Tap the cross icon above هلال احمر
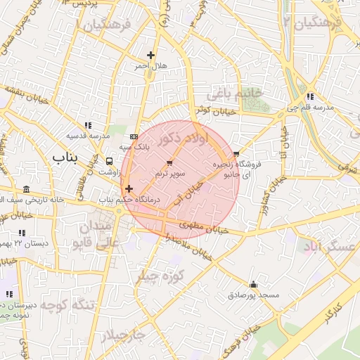(x=150, y=54)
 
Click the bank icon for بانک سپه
(x=134, y=136)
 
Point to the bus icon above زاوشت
(x=108, y=161)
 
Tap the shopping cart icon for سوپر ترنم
(x=169, y=162)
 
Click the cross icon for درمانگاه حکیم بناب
(x=129, y=188)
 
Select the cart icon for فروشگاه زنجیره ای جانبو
(x=236, y=153)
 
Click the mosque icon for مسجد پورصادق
(x=253, y=285)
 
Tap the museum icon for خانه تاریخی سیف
(x=26, y=189)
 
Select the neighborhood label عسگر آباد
(x=330, y=247)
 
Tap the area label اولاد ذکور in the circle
(x=183, y=137)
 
